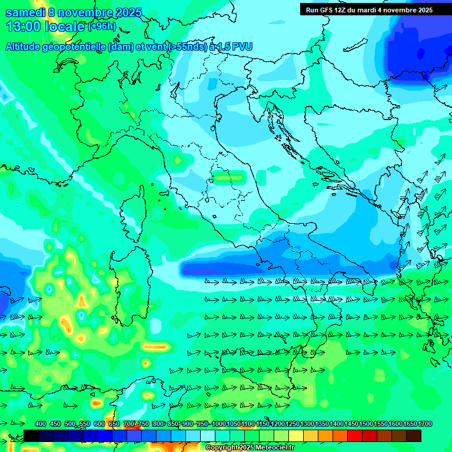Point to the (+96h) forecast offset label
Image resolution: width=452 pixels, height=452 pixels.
(x=102, y=26)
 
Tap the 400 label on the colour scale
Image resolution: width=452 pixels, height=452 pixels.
(x=41, y=424)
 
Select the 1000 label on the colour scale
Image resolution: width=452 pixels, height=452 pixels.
(x=218, y=424)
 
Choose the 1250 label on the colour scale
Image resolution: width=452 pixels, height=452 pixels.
(x=293, y=424)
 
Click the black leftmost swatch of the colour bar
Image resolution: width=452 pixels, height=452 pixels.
(x=31, y=436)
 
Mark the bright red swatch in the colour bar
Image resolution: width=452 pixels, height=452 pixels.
(x=355, y=436)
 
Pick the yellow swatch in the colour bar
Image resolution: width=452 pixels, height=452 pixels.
(x=296, y=436)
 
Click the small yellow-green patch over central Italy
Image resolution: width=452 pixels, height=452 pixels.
(x=228, y=175)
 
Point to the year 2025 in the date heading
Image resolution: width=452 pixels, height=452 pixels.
(x=129, y=12)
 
